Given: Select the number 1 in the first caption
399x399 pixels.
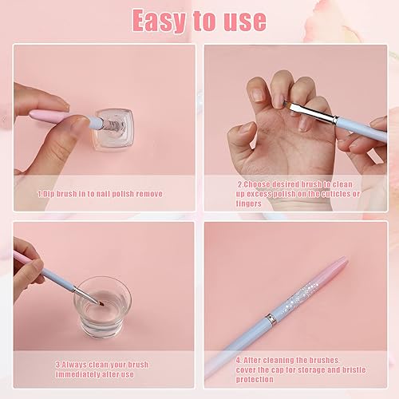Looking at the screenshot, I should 39,193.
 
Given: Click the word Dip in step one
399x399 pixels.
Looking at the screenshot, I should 49,193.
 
